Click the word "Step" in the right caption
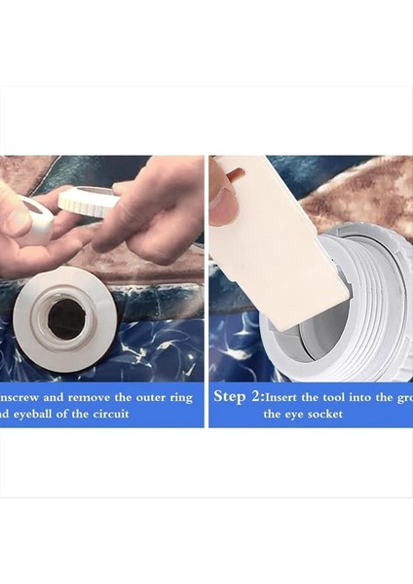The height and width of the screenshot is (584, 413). point(231,397)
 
